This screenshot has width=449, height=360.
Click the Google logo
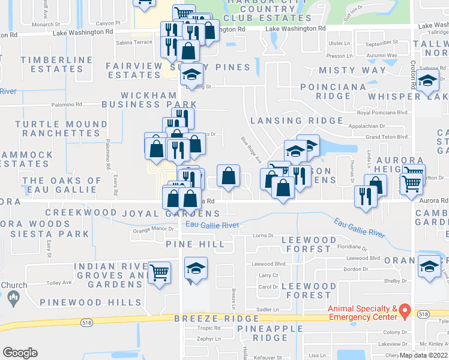pyautogui.click(x=20, y=353)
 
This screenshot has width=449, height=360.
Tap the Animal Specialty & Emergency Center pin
pyautogui.click(x=405, y=311)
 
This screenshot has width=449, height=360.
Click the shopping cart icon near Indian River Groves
pyautogui.click(x=159, y=272)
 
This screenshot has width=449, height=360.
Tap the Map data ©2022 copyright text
pyautogui.click(x=423, y=355)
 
